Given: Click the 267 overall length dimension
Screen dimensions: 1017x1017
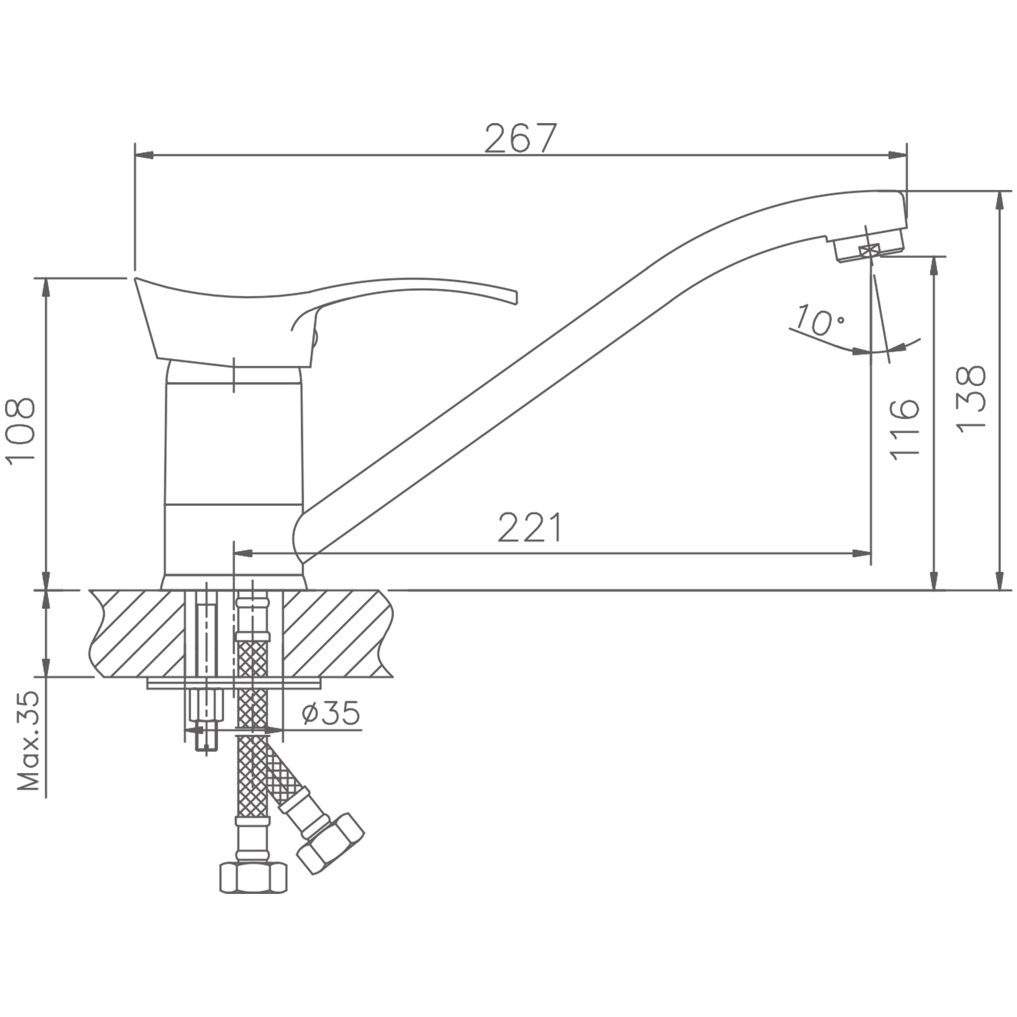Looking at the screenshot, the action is pos(520,138).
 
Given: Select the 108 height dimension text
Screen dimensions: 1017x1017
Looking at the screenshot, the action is pos(20,430).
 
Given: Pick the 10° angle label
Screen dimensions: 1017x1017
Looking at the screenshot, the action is pos(820,319).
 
